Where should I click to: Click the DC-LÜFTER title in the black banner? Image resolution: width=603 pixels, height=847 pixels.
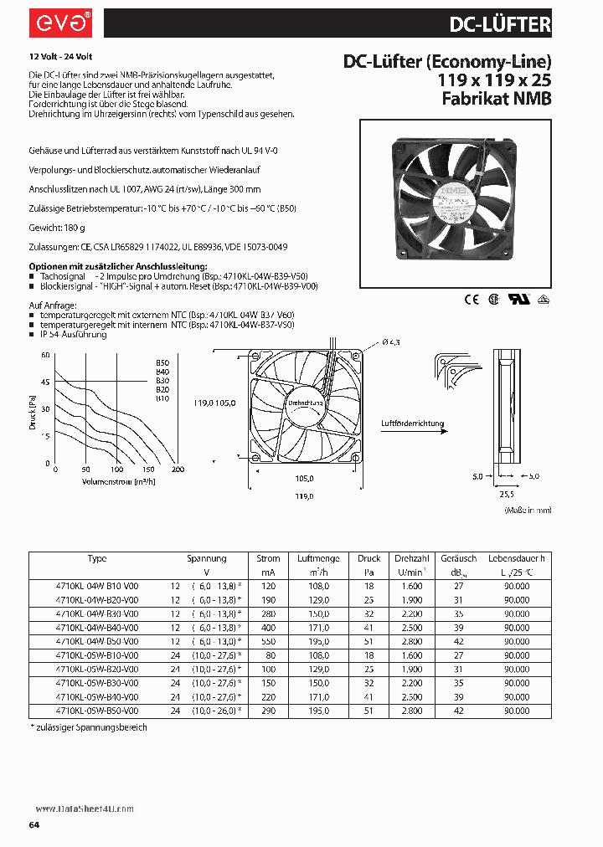(x=500, y=24)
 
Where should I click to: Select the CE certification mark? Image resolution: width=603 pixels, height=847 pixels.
(x=470, y=297)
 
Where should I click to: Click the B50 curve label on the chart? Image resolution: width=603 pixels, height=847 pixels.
(x=162, y=362)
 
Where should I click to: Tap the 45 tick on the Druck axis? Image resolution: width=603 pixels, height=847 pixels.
(x=45, y=382)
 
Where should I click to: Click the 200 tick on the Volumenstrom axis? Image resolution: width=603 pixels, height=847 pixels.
(x=178, y=470)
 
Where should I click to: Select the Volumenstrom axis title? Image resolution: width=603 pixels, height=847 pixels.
(x=116, y=481)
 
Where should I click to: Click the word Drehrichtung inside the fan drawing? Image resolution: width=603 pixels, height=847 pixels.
(x=304, y=403)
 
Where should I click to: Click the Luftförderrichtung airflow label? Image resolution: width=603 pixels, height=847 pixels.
(x=412, y=423)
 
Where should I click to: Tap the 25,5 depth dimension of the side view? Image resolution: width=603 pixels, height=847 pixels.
(x=507, y=493)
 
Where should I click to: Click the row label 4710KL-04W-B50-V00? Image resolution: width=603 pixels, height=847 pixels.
(x=97, y=639)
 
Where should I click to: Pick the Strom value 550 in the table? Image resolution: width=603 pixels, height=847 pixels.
(x=268, y=639)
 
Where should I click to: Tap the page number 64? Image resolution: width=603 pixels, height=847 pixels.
(x=34, y=825)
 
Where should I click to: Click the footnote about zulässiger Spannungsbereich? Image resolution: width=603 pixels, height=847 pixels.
(x=89, y=727)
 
